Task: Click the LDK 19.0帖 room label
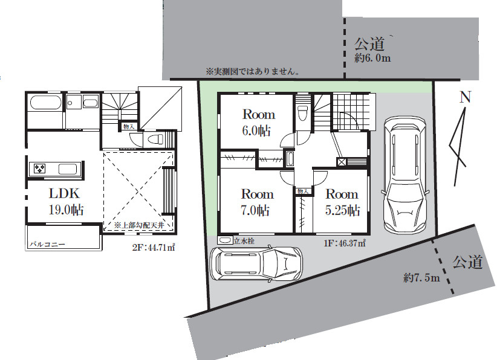66,202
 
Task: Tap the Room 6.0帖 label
258,123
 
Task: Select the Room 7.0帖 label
257,202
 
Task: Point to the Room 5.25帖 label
342,202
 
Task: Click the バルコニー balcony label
48,245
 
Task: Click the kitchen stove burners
40,169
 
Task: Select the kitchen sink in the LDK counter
68,169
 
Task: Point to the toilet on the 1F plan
303,113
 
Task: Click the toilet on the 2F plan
156,139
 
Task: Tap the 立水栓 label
244,241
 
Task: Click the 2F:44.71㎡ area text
154,247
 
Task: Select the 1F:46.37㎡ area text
345,243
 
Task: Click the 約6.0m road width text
372,58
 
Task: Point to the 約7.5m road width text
421,278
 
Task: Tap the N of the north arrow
465,97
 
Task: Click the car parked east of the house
404,175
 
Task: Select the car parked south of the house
257,263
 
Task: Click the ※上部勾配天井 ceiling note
139,225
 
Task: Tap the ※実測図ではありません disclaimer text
253,72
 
